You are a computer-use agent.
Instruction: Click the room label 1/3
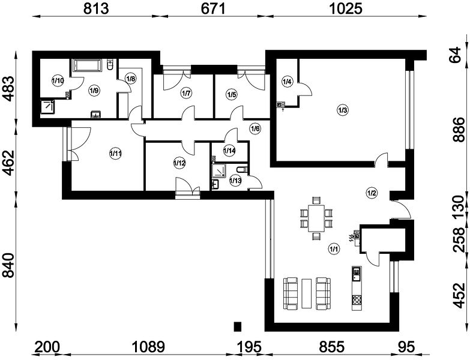(x=343, y=110)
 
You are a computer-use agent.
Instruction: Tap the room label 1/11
(x=115, y=154)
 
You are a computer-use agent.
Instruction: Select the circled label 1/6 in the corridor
(x=255, y=129)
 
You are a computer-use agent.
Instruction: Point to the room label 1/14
(x=229, y=151)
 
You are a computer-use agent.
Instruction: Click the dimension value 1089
(x=148, y=347)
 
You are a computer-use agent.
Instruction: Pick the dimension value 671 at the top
(x=213, y=8)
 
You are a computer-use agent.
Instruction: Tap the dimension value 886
(x=459, y=130)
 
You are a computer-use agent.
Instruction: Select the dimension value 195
(x=249, y=347)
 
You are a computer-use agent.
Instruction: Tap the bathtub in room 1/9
(x=86, y=65)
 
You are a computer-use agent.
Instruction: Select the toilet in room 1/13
(x=241, y=170)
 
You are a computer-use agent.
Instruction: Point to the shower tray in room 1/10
(x=47, y=106)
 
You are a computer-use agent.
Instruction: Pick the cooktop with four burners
(x=357, y=300)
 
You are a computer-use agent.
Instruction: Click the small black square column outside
(x=237, y=326)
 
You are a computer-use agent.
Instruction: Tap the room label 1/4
(x=287, y=82)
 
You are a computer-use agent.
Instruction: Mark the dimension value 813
(x=95, y=8)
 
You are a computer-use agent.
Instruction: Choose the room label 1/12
(x=179, y=163)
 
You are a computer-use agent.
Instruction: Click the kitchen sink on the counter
(x=357, y=274)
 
